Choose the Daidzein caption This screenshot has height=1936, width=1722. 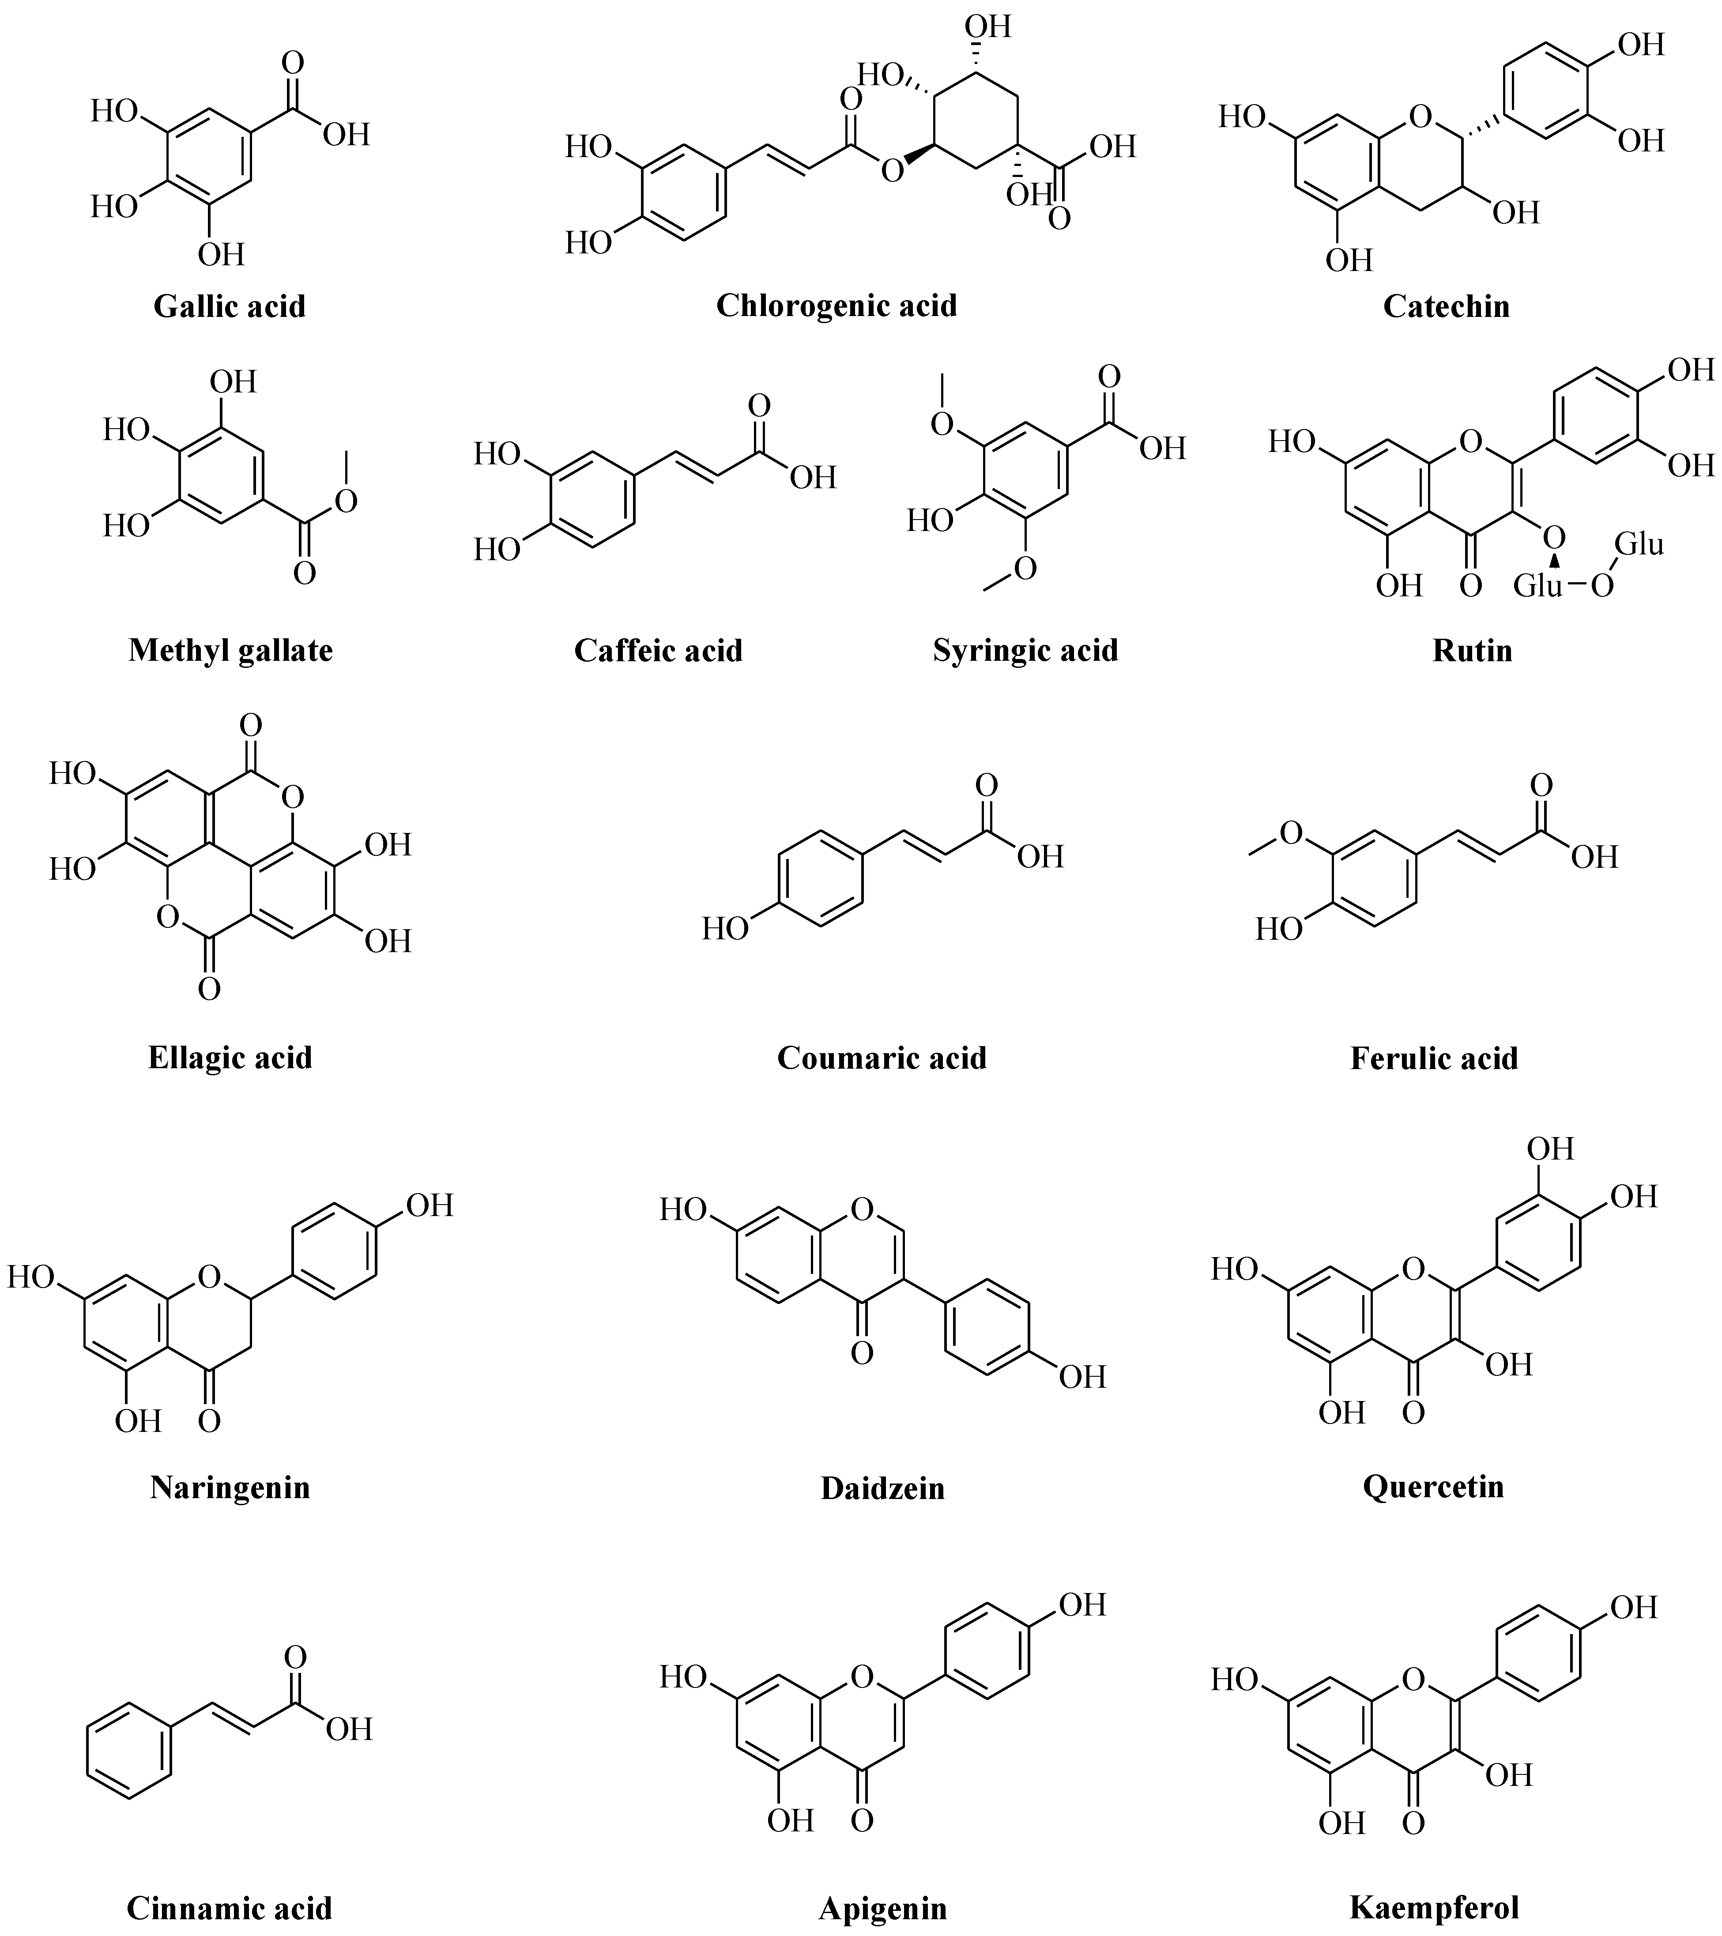click(x=882, y=1488)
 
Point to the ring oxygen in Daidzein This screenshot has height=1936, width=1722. click(x=861, y=1209)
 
